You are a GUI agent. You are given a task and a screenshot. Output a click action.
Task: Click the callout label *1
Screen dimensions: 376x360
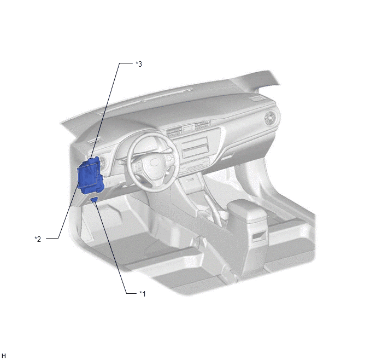point(143,293)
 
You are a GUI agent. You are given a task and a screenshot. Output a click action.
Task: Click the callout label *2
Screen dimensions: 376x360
point(38,239)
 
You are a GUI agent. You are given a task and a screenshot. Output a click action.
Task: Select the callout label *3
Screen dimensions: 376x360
point(139,64)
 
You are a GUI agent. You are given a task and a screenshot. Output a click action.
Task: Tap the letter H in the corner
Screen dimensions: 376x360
point(4,356)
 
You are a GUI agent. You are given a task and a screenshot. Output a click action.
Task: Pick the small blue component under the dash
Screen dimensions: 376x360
point(94,200)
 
